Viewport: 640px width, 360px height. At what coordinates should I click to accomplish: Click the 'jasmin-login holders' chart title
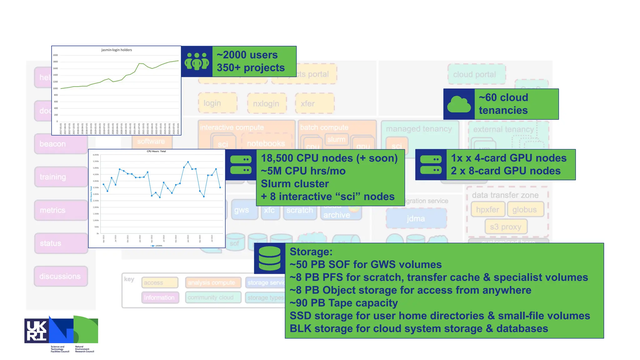pyautogui.click(x=117, y=50)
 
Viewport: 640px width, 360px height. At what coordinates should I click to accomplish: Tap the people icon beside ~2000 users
pyautogui.click(x=197, y=61)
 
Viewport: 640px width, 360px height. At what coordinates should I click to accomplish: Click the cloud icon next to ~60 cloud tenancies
pyautogui.click(x=459, y=104)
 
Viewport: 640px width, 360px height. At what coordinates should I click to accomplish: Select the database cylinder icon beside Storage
pyautogui.click(x=270, y=258)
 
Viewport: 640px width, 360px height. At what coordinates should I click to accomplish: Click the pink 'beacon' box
pyautogui.click(x=61, y=144)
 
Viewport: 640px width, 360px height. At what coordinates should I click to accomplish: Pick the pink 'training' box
pyautogui.click(x=61, y=177)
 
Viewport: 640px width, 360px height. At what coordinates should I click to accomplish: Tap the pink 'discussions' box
pyautogui.click(x=61, y=277)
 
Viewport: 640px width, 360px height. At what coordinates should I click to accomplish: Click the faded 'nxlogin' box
pyautogui.click(x=266, y=103)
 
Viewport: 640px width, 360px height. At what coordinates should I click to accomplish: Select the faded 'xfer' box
pyautogui.click(x=314, y=103)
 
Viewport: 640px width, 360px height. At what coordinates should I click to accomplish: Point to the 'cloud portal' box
pyautogui.click(x=476, y=74)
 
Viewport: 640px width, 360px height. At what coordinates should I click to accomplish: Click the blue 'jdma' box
pyautogui.click(x=416, y=218)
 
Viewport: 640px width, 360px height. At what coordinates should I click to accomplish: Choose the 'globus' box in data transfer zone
pyautogui.click(x=525, y=210)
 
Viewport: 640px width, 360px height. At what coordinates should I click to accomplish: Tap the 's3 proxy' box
pyautogui.click(x=506, y=227)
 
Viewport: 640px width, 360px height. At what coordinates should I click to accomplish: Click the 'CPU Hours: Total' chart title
pyautogui.click(x=156, y=151)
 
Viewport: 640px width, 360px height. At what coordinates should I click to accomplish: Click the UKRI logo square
pyautogui.click(x=36, y=331)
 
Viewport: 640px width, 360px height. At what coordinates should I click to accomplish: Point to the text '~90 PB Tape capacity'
pyautogui.click(x=343, y=303)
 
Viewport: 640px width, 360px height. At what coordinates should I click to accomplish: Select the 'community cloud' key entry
pyautogui.click(x=213, y=297)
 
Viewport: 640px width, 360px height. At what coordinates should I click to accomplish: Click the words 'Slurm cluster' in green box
pyautogui.click(x=295, y=184)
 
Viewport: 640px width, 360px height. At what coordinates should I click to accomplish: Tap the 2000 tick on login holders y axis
pyautogui.click(x=55, y=55)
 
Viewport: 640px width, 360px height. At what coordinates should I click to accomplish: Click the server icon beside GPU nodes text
pyautogui.click(x=431, y=165)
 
